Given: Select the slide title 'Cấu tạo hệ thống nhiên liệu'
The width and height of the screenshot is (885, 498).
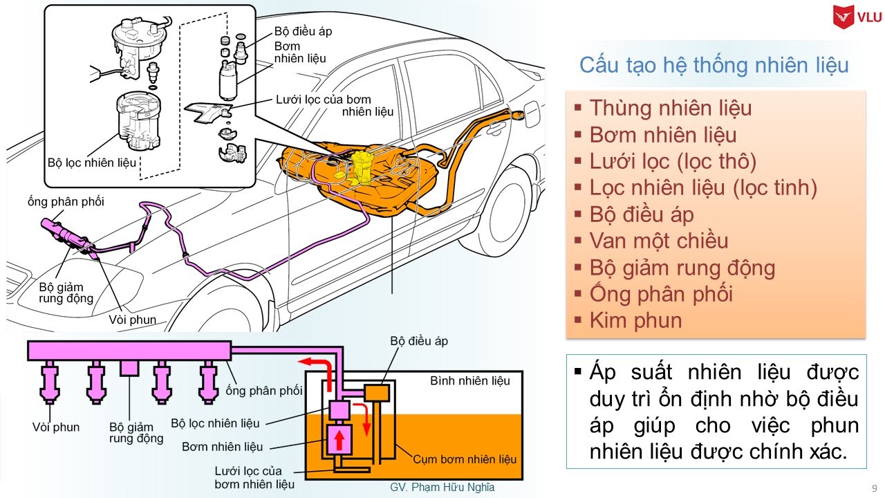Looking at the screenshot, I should [x=714, y=66].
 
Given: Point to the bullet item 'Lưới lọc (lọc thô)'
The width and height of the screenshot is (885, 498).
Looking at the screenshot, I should [x=673, y=161].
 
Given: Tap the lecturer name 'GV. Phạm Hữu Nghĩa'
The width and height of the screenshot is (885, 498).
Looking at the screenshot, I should [x=442, y=487].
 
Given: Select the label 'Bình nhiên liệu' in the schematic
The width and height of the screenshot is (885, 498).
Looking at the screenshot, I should [x=470, y=380].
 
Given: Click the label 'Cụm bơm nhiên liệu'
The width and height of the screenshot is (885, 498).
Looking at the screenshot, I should [x=465, y=459].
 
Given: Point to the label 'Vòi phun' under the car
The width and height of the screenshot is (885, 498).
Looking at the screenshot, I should [x=133, y=320].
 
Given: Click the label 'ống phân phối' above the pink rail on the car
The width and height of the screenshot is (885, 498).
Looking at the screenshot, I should [x=66, y=201].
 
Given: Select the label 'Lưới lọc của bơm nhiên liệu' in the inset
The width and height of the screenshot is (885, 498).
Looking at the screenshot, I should [x=334, y=105].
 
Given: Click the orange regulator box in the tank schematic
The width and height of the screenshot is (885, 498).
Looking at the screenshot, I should [x=378, y=394].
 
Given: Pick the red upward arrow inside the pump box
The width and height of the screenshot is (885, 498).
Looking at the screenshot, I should [x=339, y=439].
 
